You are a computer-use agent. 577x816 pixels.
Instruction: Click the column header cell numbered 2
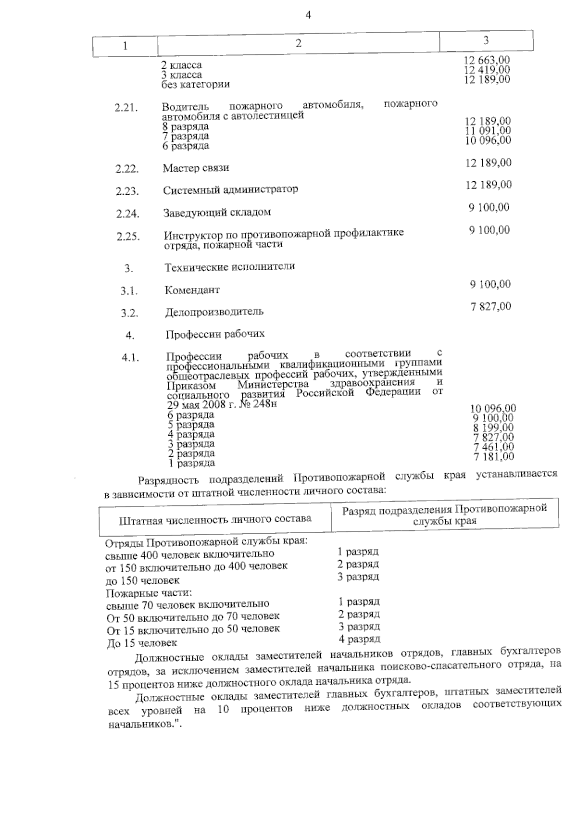(x=298, y=44)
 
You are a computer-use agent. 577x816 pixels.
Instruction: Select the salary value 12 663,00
(x=487, y=60)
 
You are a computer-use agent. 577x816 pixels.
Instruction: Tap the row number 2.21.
(x=126, y=108)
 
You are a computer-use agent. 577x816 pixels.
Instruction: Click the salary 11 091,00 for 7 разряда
(x=488, y=131)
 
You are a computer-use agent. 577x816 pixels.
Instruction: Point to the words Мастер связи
(x=196, y=168)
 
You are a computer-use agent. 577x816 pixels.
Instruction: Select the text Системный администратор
(x=230, y=190)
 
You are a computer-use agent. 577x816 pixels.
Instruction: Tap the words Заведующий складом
(x=217, y=213)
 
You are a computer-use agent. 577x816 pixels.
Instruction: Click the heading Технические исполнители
(x=230, y=267)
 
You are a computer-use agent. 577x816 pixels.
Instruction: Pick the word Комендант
(x=192, y=290)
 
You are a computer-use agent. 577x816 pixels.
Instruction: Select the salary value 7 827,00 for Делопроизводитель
(x=491, y=306)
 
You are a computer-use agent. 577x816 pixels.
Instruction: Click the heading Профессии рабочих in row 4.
(x=215, y=334)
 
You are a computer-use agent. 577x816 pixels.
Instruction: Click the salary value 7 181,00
(x=494, y=456)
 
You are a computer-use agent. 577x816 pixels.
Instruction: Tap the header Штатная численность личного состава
(x=215, y=519)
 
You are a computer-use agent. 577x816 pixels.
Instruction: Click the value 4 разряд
(x=359, y=639)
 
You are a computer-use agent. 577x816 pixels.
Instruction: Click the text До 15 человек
(x=142, y=643)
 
